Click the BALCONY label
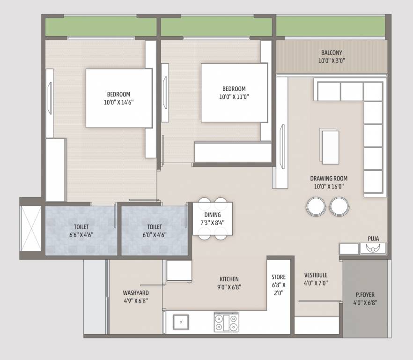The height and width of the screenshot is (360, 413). (x=332, y=52)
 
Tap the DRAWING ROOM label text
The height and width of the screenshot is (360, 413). (x=329, y=179)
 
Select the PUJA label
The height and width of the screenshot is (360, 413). (x=373, y=239)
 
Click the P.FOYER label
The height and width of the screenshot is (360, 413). (x=365, y=295)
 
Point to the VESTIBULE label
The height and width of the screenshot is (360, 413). (x=316, y=275)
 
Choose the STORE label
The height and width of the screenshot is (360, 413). (x=278, y=277)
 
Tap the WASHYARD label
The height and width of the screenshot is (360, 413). (x=136, y=293)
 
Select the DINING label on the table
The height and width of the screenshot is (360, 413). (x=212, y=214)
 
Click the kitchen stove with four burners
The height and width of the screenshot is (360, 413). (x=226, y=322)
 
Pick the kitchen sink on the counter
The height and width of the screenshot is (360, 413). (x=180, y=322)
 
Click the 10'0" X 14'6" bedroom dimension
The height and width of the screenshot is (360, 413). (x=118, y=102)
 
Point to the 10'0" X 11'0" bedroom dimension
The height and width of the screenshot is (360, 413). (x=234, y=97)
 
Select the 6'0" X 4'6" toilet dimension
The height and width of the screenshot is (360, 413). (x=154, y=235)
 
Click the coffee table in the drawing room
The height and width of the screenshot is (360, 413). (x=330, y=147)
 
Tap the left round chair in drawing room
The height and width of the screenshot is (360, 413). (x=316, y=206)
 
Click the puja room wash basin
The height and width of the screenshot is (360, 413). (x=373, y=249)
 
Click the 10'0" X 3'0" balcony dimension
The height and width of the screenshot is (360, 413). (x=332, y=60)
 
